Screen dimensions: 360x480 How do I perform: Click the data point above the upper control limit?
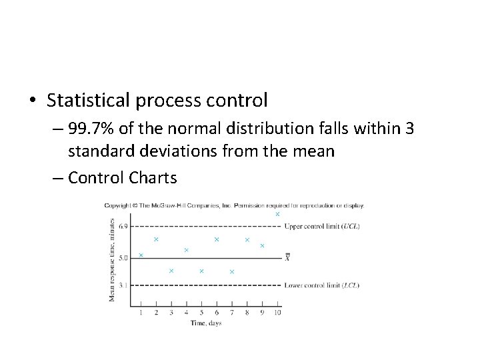pyautogui.click(x=277, y=214)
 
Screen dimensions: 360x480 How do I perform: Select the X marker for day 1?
pyautogui.click(x=141, y=255)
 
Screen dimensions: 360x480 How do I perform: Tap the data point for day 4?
pyautogui.click(x=186, y=250)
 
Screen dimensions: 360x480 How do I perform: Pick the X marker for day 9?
pyautogui.click(x=262, y=246)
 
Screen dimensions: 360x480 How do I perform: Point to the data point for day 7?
pyautogui.click(x=232, y=271)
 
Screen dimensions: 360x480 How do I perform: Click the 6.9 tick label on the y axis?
pyautogui.click(x=124, y=227)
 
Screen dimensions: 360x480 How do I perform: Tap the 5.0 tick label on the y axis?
pyautogui.click(x=124, y=257)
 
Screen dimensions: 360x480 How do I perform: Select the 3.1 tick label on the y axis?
pyautogui.click(x=124, y=285)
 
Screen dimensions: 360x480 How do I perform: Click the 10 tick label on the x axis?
pyautogui.click(x=277, y=312)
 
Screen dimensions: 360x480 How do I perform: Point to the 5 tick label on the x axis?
pyautogui.click(x=201, y=312)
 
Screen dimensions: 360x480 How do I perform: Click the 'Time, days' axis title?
pyautogui.click(x=205, y=323)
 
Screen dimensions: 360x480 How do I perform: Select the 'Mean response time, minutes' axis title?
pyautogui.click(x=113, y=260)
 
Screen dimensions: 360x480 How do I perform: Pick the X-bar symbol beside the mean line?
pyautogui.click(x=287, y=257)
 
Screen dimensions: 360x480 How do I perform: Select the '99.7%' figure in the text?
pyautogui.click(x=89, y=128)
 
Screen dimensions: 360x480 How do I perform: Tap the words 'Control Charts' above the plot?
pyautogui.click(x=123, y=177)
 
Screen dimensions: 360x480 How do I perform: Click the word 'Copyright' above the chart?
pyautogui.click(x=117, y=205)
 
